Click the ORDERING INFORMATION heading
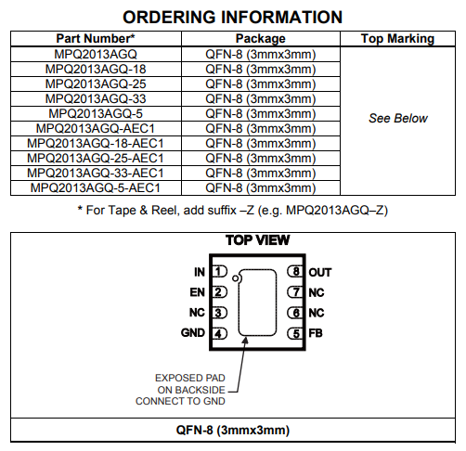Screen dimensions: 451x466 point(233,18)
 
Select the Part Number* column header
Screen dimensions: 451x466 point(96,39)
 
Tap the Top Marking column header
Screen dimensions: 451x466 point(398,39)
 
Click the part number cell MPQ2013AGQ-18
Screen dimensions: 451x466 point(96,69)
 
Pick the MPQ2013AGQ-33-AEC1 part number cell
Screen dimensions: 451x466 point(96,173)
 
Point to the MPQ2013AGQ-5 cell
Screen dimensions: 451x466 point(96,113)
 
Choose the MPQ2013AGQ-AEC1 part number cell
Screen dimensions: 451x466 point(96,128)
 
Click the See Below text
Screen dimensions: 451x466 point(398,119)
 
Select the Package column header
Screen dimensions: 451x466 point(261,39)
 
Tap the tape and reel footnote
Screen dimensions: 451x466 point(233,210)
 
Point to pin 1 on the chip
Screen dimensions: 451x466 point(219,272)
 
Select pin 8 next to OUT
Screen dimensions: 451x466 point(295,272)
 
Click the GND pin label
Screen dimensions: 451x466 point(193,333)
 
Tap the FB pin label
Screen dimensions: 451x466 point(317,333)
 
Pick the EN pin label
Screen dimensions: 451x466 point(197,292)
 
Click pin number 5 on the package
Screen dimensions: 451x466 point(295,333)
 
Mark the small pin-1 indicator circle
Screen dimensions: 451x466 point(237,277)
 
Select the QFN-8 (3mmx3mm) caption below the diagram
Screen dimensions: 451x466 point(233,431)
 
